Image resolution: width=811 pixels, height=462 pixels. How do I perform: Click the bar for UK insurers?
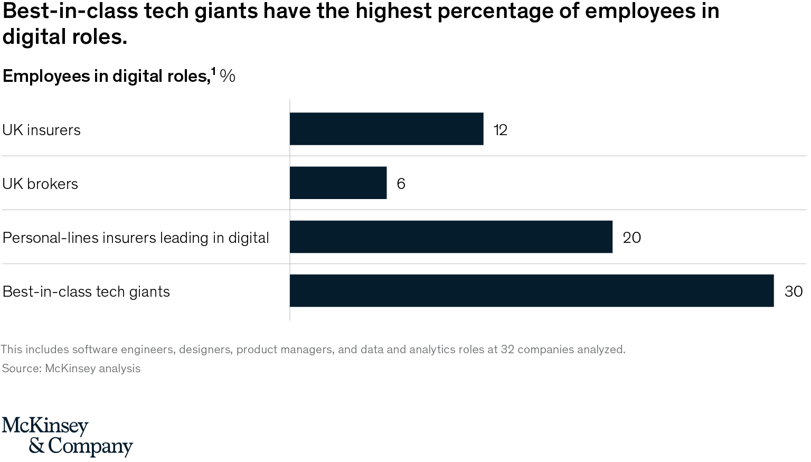(x=386, y=129)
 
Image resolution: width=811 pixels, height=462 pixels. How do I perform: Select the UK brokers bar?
(x=338, y=183)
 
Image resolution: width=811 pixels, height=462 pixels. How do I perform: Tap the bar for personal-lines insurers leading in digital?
(x=451, y=237)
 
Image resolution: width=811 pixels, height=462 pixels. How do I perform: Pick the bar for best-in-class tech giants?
(x=532, y=291)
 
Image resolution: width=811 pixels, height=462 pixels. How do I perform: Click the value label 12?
(x=501, y=130)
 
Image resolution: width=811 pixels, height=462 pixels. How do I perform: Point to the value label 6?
(x=401, y=184)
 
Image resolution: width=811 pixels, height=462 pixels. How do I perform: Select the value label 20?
(x=631, y=238)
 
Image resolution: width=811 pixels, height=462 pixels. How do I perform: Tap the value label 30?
(x=793, y=291)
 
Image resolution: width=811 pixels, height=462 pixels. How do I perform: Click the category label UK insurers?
(x=42, y=130)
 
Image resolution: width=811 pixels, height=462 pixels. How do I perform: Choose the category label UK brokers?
(x=40, y=184)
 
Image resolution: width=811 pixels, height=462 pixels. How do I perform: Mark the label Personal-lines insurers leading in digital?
(x=136, y=238)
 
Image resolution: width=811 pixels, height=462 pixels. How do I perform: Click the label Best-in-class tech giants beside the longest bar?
(x=86, y=291)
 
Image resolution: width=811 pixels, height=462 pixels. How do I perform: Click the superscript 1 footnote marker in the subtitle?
(x=213, y=70)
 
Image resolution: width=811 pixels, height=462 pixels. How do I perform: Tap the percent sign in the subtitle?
(x=228, y=76)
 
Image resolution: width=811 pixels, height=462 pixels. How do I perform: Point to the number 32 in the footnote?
(x=507, y=349)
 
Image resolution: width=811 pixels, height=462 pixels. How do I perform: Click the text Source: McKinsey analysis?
(x=71, y=368)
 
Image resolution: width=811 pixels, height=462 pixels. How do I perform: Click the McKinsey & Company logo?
(x=67, y=436)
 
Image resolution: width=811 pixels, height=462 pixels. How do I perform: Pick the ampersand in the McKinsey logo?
(x=36, y=447)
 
